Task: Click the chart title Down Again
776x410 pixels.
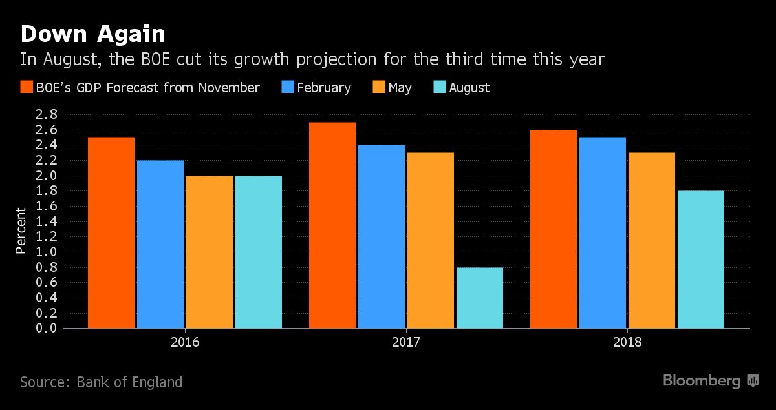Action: pos(92,34)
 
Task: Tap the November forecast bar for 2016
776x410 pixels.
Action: pos(111,232)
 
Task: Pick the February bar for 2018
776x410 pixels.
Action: pos(603,232)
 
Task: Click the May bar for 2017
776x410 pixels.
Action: pos(431,240)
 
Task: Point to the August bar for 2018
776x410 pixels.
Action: pos(701,260)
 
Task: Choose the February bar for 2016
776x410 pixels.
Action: pos(160,244)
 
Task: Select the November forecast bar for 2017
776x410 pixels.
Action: pos(332,225)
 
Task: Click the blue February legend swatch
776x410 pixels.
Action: pos(287,88)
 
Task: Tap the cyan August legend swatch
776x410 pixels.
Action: pos(438,88)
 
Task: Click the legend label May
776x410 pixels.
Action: pos(400,88)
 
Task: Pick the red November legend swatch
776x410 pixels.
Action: pos(27,88)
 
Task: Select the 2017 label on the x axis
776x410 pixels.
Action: pos(406,342)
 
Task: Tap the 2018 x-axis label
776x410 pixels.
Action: pos(627,342)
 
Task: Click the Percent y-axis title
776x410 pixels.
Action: pos(21,231)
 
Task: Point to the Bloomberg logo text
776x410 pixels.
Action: pos(702,381)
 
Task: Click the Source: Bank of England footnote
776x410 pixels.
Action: pos(101,382)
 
